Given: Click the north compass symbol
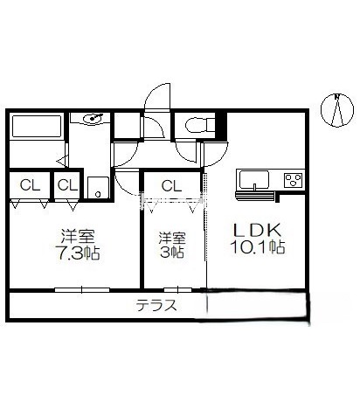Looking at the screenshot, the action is coord(337,110).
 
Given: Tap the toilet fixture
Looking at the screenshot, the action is coord(200,125).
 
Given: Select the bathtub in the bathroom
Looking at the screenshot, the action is coord(37,126).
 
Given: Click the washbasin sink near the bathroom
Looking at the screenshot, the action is coord(93,118).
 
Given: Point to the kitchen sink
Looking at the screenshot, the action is coord(254,180).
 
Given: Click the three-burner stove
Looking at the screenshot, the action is coord(294,180).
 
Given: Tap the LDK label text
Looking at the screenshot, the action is coord(257,231).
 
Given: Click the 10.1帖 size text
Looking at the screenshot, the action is coord(258,247).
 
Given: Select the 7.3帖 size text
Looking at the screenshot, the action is coord(79,253).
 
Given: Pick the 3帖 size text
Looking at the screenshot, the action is coord(172,252).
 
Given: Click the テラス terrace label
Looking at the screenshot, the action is coord(156,306).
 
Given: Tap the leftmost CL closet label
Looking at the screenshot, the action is coord(30,185).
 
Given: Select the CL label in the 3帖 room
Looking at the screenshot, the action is coord(171,185).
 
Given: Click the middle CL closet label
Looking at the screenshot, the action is coord(67,185).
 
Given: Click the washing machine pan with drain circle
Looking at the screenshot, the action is coord(98,187).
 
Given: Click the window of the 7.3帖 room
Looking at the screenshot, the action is coord(82,290).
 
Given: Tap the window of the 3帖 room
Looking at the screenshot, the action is coord(178,290).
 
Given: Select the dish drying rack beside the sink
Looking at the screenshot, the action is coord(255,196).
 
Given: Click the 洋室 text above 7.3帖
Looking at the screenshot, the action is coord(78,237).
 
